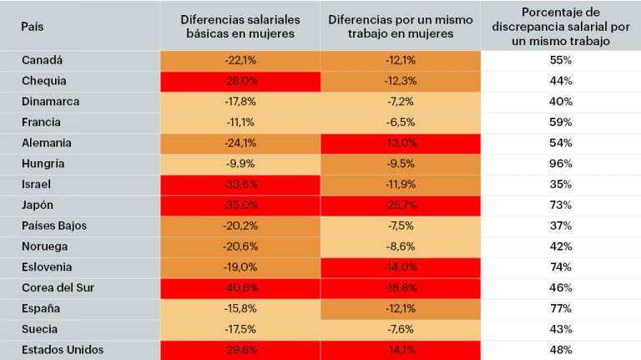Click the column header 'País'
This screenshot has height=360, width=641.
click(33, 26)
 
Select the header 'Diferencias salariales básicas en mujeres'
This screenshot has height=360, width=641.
click(240, 26)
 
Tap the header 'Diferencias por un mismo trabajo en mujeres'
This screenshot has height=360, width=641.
click(401, 26)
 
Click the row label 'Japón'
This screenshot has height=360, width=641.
click(37, 205)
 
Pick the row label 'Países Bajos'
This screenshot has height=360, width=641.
click(54, 226)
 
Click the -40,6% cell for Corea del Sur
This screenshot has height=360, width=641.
click(240, 287)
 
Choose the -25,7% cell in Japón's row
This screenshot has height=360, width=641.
click(401, 205)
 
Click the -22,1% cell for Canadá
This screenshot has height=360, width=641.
click(240, 60)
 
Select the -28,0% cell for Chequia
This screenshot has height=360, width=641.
click(240, 81)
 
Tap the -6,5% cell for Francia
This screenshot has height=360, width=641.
click(401, 122)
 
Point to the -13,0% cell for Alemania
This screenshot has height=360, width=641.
click(401, 143)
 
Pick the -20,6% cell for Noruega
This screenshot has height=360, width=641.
click(240, 246)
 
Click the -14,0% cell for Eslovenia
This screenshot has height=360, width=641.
click(401, 267)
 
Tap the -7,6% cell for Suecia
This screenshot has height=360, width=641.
click(401, 329)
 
